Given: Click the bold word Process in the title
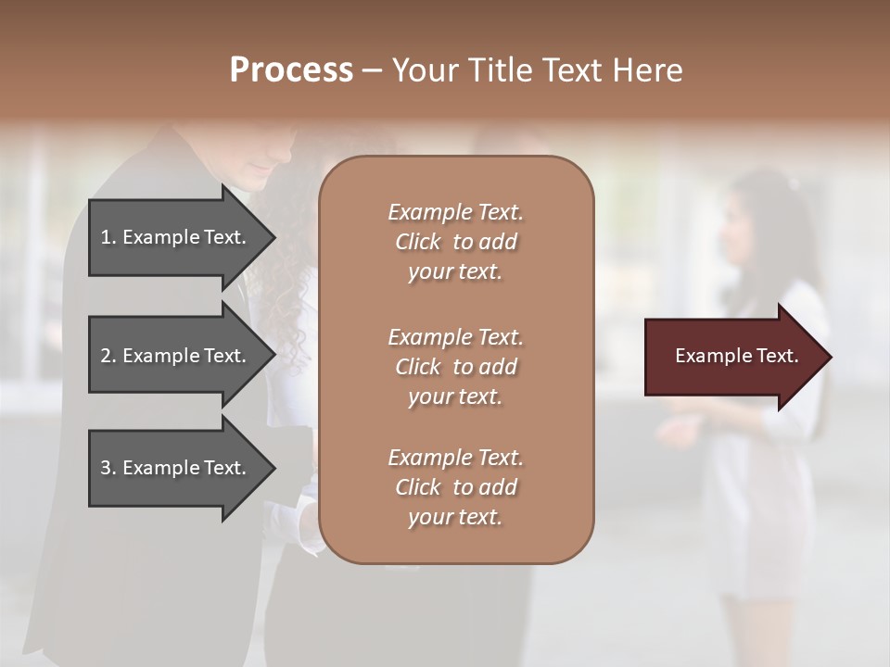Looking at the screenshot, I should [291, 70].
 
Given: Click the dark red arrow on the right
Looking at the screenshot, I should [732, 356].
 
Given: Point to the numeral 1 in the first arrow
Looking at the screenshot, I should [106, 237].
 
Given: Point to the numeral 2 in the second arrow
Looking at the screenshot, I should [106, 356].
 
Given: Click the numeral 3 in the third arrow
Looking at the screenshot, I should [106, 468].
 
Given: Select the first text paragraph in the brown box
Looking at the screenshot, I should [455, 242].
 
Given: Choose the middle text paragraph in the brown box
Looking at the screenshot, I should [455, 366].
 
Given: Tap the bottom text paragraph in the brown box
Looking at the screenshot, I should [455, 487].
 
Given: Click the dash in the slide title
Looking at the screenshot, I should [372, 71].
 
